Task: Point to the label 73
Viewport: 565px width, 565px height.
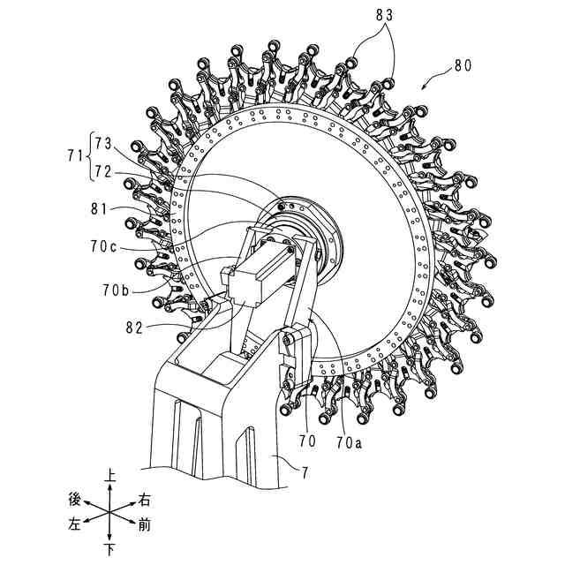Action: point(103,140)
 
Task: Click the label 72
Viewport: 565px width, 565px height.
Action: point(103,172)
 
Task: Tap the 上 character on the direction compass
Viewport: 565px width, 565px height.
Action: point(110,474)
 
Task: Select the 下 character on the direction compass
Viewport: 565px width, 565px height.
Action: point(110,550)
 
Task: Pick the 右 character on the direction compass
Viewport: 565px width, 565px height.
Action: point(146,498)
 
